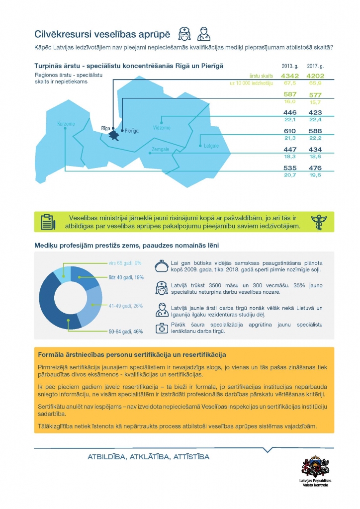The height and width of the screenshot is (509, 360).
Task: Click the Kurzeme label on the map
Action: (66, 123)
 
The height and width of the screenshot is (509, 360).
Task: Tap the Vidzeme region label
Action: (162, 128)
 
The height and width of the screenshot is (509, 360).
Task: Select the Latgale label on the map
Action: (211, 146)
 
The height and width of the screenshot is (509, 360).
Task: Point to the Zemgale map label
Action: (161, 149)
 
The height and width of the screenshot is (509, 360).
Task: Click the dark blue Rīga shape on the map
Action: (115, 135)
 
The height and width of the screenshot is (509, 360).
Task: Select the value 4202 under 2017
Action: (315, 76)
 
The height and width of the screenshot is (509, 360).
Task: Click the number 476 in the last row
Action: (315, 168)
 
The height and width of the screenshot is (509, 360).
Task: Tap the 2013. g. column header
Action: (289, 66)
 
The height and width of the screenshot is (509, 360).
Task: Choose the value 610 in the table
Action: (289, 131)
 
